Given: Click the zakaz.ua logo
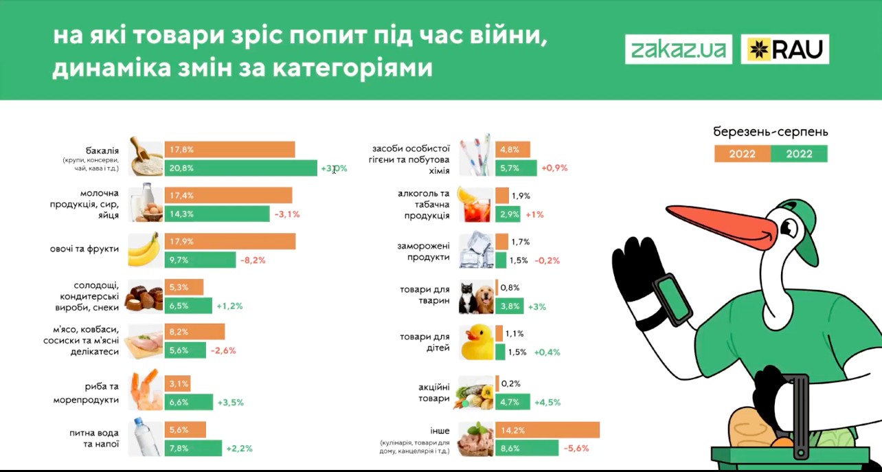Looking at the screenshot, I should pyautogui.click(x=678, y=49).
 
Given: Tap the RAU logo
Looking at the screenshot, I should pyautogui.click(x=784, y=49).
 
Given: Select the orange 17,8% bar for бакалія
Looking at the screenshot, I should pyautogui.click(x=229, y=150).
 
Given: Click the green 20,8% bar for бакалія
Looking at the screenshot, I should pyautogui.click(x=240, y=168).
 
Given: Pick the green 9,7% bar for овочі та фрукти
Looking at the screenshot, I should pyautogui.click(x=200, y=260).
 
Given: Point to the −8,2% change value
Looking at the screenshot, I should pyautogui.click(x=252, y=260).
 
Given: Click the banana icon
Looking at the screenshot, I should pyautogui.click(x=144, y=250).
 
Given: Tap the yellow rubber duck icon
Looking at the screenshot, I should pyautogui.click(x=477, y=341).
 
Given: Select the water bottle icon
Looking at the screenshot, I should pyautogui.click(x=144, y=438).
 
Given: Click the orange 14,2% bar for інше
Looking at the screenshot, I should pyautogui.click(x=547, y=431).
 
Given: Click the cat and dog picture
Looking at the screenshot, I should pyautogui.click(x=476, y=297).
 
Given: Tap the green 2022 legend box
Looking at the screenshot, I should pyautogui.click(x=799, y=154).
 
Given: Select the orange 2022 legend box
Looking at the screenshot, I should pyautogui.click(x=742, y=154).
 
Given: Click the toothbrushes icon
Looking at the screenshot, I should pyautogui.click(x=476, y=156).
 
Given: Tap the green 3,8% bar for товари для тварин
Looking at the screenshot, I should pyautogui.click(x=509, y=306).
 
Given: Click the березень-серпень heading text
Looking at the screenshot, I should pyautogui.click(x=771, y=131).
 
